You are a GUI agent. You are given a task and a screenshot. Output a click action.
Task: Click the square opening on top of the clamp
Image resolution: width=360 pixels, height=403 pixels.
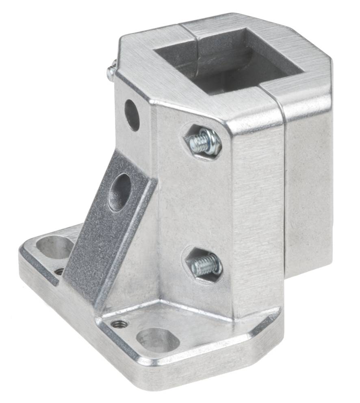point(228,61)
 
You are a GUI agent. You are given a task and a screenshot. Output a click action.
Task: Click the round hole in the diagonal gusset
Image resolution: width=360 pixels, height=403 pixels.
point(120,192)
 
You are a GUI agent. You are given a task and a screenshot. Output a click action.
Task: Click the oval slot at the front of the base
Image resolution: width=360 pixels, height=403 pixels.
point(158,340)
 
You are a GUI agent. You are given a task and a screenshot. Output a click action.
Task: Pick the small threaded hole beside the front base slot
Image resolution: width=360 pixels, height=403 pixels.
point(119,324)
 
